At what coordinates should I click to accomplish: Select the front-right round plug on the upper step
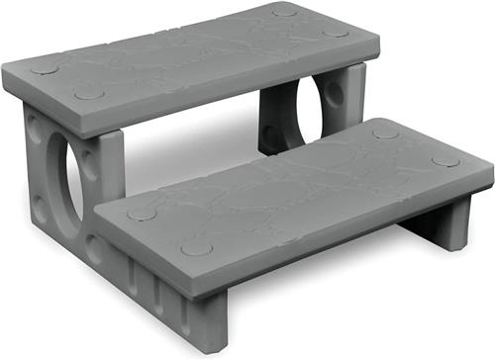click(336, 33)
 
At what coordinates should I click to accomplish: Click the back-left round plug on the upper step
click(44, 69)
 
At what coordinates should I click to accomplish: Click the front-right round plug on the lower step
click(445, 160)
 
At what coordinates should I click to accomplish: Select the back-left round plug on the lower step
click(142, 213)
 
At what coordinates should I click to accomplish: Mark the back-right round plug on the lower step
click(385, 132)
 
